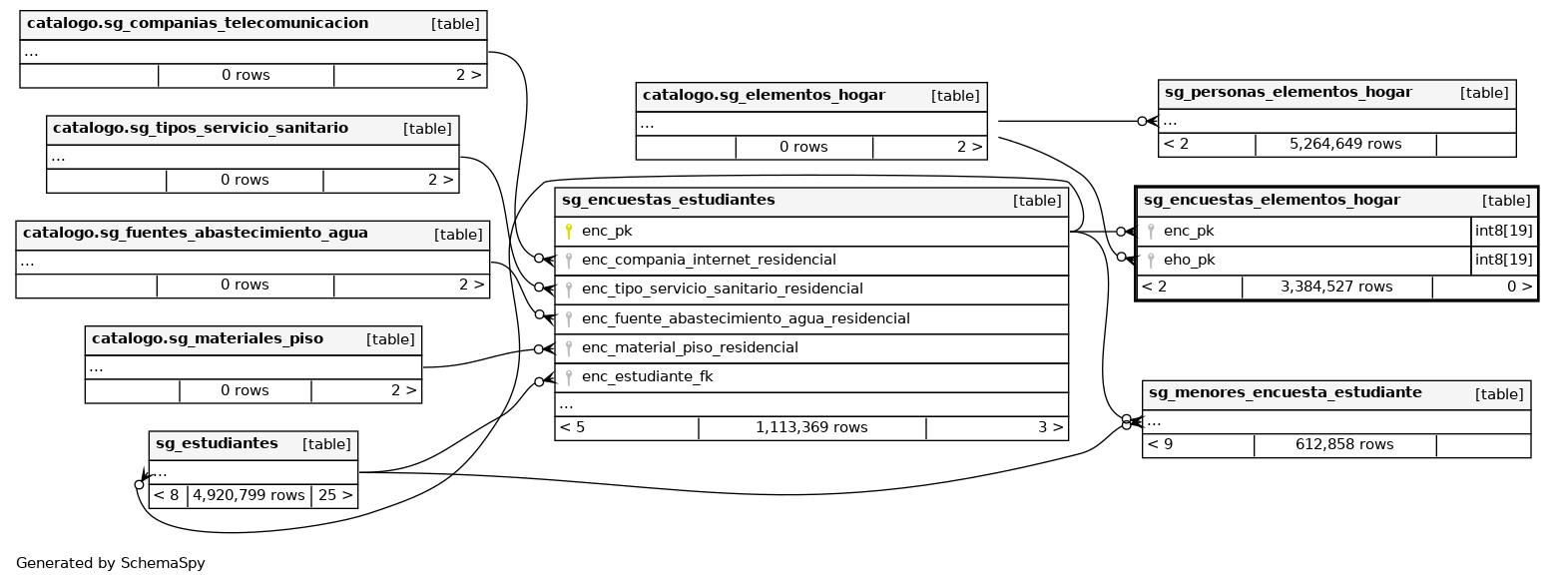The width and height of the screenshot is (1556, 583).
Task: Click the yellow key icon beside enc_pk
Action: (569, 231)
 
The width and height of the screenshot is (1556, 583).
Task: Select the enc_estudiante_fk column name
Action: (647, 377)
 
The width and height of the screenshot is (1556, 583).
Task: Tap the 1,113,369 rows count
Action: (811, 427)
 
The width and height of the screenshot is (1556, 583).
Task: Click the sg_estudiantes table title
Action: (217, 443)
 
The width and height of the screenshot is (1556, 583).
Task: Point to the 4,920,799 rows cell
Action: (249, 495)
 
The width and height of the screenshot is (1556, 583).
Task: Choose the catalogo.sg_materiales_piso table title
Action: (207, 338)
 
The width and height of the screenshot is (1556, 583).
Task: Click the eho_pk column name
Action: (1189, 260)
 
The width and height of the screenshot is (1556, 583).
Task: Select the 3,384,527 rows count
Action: (1335, 287)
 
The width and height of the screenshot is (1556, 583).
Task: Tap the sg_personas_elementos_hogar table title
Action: (1288, 92)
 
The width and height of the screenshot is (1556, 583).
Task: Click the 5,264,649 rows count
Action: (1345, 144)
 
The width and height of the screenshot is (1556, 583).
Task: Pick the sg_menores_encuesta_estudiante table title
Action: (1285, 392)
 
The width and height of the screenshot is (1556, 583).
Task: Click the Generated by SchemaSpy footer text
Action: (111, 563)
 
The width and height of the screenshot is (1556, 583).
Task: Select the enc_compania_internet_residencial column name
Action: (708, 260)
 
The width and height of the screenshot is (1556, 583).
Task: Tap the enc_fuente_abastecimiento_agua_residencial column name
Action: (745, 318)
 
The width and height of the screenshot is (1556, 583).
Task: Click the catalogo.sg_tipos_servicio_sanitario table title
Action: (200, 128)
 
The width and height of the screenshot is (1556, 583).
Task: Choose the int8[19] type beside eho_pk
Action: (1503, 260)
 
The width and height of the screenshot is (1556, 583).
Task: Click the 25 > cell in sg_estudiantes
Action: (333, 495)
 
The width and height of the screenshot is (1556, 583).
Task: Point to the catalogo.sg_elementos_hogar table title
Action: (763, 95)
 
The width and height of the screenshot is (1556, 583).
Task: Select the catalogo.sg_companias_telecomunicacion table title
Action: (197, 23)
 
